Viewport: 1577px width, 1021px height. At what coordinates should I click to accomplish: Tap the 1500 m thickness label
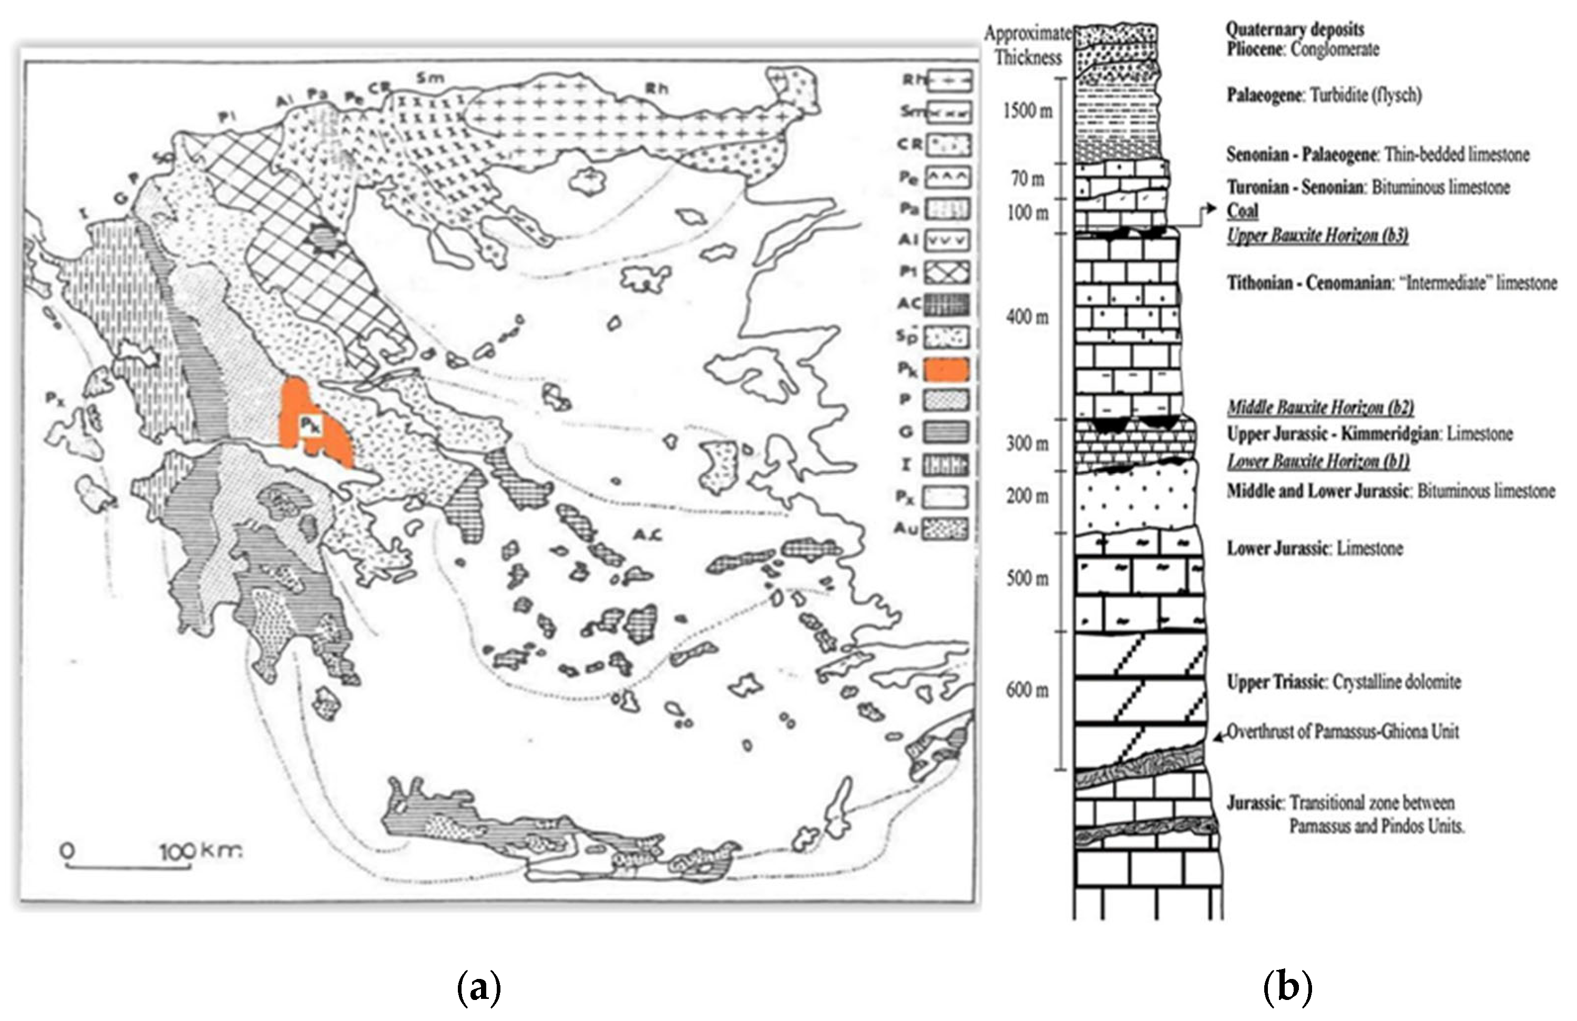point(1027,110)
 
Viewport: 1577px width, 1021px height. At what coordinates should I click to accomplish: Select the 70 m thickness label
point(1028,178)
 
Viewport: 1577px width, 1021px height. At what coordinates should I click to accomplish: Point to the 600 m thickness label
point(1027,690)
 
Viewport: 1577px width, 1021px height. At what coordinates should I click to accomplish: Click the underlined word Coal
point(1242,211)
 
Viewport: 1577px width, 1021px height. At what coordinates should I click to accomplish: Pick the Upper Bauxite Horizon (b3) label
point(1317,235)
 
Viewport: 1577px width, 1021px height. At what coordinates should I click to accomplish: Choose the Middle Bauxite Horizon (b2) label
point(1320,407)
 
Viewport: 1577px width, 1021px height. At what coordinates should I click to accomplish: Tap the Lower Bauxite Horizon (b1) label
point(1318,461)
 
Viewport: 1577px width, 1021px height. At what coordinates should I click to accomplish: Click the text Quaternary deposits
point(1295,29)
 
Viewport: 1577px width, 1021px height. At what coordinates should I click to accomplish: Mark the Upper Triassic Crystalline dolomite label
point(1344,682)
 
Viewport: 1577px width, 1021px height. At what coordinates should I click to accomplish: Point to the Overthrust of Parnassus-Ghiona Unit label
point(1343,731)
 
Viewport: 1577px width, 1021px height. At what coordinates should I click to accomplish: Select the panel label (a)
point(479,988)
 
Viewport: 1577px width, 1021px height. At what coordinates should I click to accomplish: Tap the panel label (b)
point(1287,988)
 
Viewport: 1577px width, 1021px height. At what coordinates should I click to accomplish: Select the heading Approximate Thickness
point(1028,45)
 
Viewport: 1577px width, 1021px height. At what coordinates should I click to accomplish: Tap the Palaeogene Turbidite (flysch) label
point(1324,95)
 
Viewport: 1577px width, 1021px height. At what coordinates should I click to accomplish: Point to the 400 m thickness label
point(1027,318)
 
